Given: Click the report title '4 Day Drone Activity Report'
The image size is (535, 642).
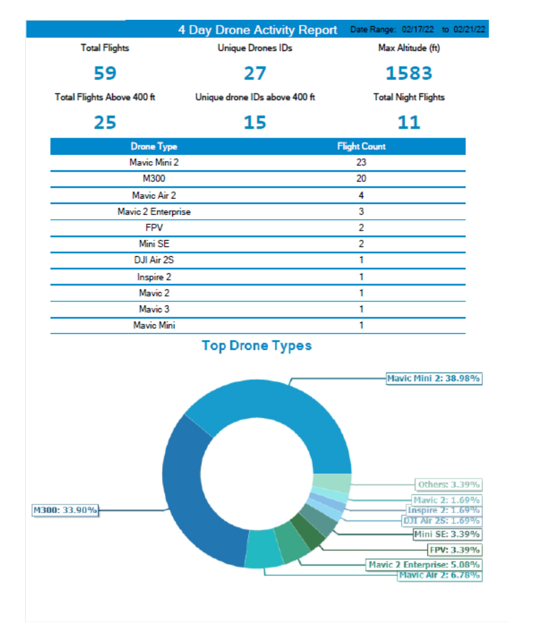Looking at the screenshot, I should click(x=258, y=30).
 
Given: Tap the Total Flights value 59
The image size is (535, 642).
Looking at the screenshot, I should click(x=105, y=73).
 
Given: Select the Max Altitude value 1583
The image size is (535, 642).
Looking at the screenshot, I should click(x=409, y=73).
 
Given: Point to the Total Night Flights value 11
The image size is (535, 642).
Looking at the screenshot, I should click(x=409, y=123).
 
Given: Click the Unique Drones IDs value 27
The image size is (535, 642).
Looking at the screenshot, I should click(x=255, y=73).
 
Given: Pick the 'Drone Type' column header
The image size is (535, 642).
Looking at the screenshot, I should click(x=154, y=146).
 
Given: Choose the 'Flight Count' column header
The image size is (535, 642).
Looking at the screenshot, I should click(x=361, y=146).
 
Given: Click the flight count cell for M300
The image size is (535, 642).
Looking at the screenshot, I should click(x=361, y=179).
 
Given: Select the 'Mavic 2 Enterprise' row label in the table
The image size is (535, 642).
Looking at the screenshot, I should click(x=154, y=212).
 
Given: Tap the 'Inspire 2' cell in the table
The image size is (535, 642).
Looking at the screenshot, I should click(x=154, y=277).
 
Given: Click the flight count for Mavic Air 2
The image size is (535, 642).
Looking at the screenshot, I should click(x=361, y=195).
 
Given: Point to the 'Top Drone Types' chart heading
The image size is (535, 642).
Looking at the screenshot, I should click(x=257, y=346).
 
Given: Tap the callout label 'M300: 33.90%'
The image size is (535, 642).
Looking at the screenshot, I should click(x=65, y=510).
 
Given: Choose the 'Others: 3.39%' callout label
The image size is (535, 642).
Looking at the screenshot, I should click(x=449, y=485).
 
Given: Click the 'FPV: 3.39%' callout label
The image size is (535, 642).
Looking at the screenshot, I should click(x=455, y=549).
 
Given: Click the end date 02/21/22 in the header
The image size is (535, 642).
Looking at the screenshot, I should click(x=469, y=30).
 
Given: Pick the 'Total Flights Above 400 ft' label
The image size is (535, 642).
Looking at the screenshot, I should click(x=105, y=97).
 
